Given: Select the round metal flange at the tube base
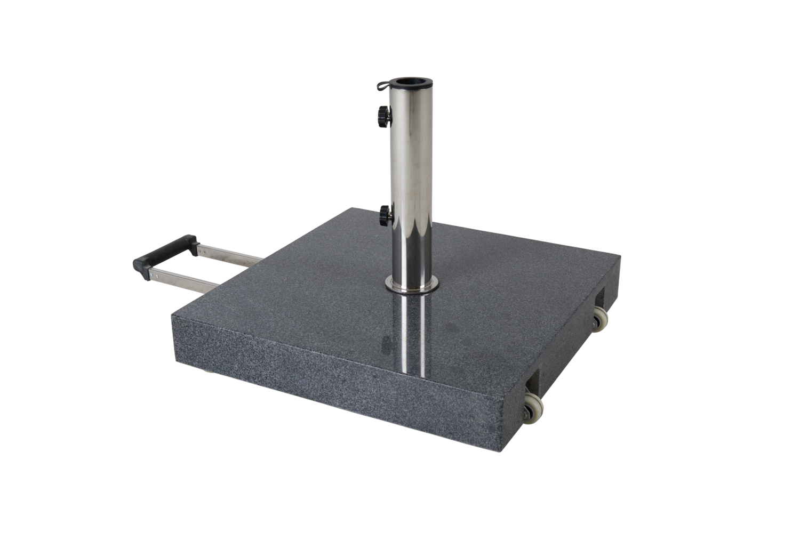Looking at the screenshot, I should click(411, 288).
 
